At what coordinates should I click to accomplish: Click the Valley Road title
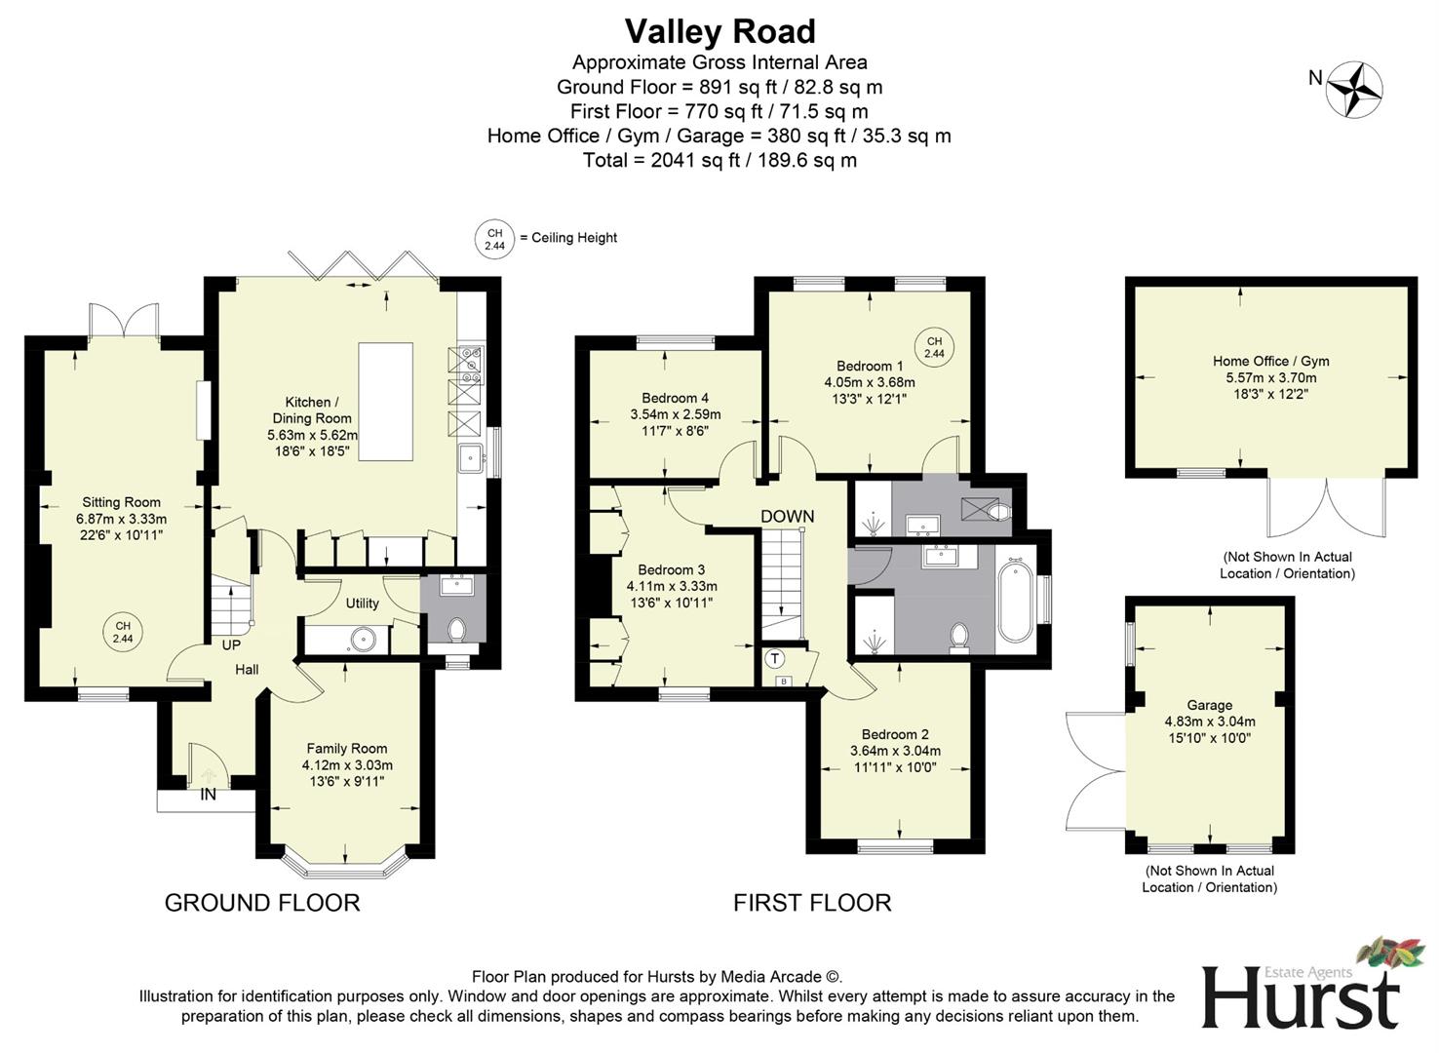click(x=719, y=31)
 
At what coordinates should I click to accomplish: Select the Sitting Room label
click(x=121, y=502)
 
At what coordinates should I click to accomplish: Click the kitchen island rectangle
click(x=385, y=401)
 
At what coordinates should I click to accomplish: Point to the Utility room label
click(x=362, y=603)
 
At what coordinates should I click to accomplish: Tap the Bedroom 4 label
click(x=675, y=398)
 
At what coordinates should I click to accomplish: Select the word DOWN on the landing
click(x=787, y=516)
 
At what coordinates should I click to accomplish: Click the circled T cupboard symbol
click(x=775, y=658)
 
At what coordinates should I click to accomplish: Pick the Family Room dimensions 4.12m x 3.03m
click(x=347, y=765)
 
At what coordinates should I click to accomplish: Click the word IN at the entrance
click(x=208, y=795)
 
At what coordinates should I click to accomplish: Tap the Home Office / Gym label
click(x=1270, y=361)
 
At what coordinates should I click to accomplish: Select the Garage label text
click(x=1209, y=705)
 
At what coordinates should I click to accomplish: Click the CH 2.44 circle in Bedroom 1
click(x=934, y=347)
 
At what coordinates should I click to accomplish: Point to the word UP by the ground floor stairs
click(x=231, y=644)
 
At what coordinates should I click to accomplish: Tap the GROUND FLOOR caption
click(x=262, y=903)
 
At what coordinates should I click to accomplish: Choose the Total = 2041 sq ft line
click(x=719, y=160)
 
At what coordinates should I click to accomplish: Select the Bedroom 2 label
click(x=894, y=734)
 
